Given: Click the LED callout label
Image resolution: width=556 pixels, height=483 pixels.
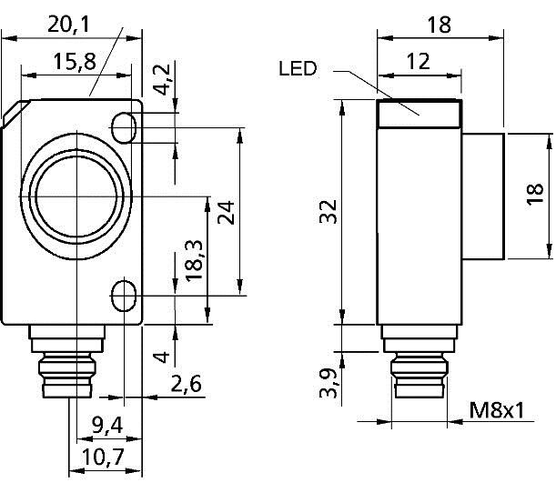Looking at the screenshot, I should pos(300,69).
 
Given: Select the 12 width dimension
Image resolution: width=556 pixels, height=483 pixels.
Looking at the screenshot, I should pos(418,63).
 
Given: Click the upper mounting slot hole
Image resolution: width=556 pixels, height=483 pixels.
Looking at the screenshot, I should pos(126,124).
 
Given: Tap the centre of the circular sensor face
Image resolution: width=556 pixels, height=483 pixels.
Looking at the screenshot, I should pos(71,196).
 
